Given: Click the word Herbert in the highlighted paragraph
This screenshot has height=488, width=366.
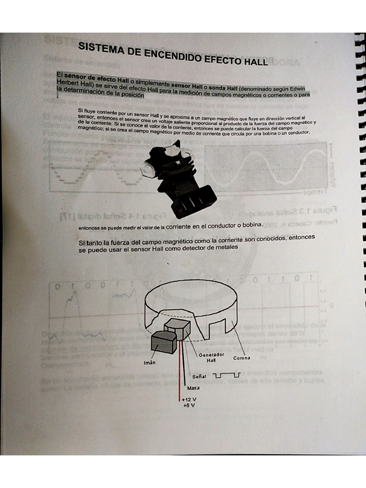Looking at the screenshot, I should pyautogui.click(x=68, y=84).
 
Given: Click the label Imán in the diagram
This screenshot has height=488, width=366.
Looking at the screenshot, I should pyautogui.click(x=150, y=363).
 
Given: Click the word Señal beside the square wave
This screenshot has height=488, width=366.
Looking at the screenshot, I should pyautogui.click(x=199, y=376).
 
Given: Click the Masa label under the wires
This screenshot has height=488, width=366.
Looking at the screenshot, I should pyautogui.click(x=193, y=387).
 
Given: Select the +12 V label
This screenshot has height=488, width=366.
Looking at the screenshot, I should pyautogui.click(x=189, y=399).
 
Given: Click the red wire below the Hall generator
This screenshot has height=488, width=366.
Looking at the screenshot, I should pyautogui.click(x=180, y=376).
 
